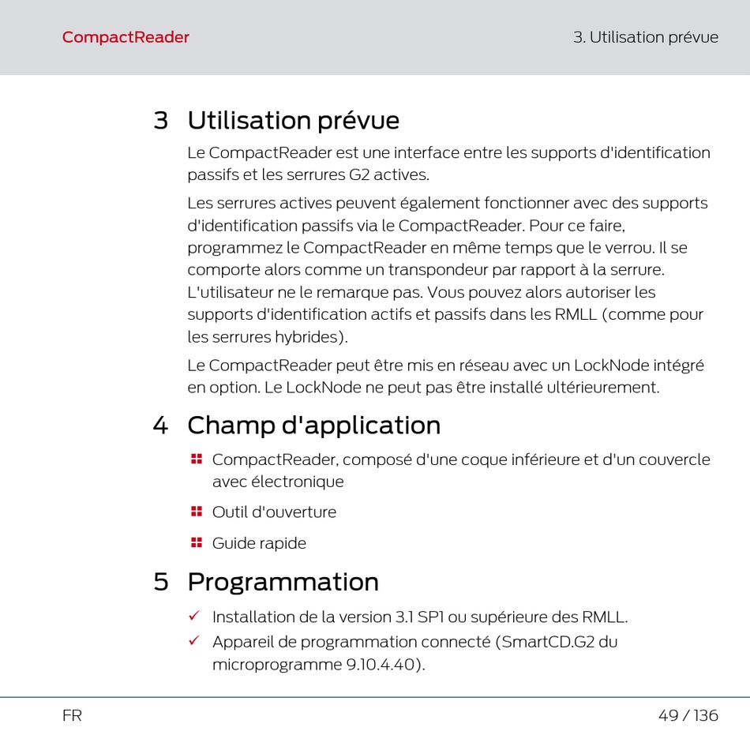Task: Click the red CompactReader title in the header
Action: [126, 37]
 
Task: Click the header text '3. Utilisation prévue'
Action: [646, 37]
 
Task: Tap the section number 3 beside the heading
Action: [161, 120]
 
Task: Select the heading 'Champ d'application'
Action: [313, 425]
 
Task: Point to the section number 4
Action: [161, 426]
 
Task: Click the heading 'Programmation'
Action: [283, 582]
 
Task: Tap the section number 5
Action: [161, 582]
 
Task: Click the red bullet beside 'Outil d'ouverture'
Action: [196, 512]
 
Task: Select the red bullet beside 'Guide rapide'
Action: [196, 542]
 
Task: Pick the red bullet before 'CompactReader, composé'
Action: [196, 459]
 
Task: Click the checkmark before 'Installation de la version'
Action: [194, 615]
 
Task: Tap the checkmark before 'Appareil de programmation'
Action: [194, 640]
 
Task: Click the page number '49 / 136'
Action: [688, 715]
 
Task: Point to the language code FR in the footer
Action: [72, 715]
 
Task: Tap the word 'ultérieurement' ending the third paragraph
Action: [602, 387]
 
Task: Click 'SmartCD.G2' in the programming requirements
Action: [548, 641]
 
